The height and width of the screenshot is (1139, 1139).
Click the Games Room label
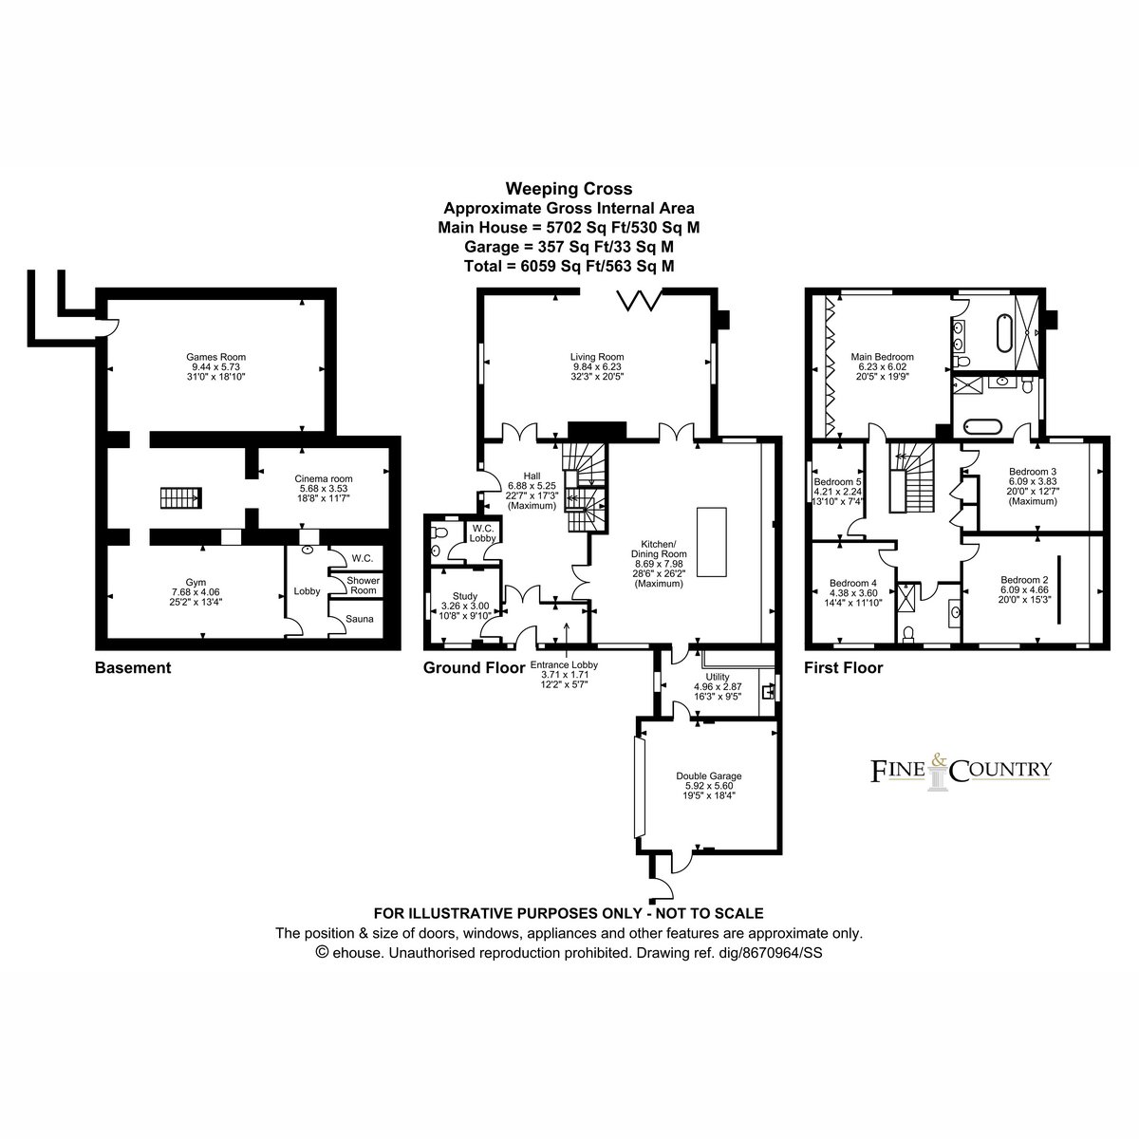click(215, 357)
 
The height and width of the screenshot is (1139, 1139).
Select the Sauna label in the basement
click(360, 619)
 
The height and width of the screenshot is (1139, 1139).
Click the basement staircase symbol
click(181, 497)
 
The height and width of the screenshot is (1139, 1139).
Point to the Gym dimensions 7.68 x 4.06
click(196, 592)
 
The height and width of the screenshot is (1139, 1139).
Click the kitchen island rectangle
click(712, 541)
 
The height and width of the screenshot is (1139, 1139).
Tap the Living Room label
click(597, 357)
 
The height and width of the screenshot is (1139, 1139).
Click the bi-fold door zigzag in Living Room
click(640, 300)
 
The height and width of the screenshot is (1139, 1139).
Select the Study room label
click(464, 596)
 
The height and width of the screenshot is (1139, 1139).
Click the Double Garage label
click(709, 776)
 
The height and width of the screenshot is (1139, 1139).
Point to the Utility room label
click(718, 677)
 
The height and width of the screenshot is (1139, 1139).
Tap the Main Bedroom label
click(882, 357)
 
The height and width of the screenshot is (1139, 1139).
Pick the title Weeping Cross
click(569, 189)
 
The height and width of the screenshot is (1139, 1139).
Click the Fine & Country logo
click(961, 771)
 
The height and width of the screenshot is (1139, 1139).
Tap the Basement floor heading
click(133, 668)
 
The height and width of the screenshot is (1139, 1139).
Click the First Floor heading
click(844, 668)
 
